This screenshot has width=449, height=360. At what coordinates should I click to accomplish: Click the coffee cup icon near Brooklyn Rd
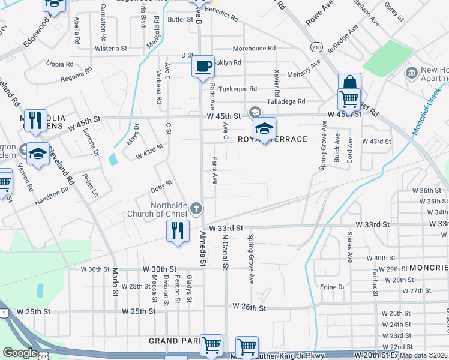[x=203, y=65]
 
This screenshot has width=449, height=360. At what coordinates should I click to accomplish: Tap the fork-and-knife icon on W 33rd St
[x=178, y=231]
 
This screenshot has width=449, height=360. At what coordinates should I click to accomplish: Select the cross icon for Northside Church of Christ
[x=195, y=209]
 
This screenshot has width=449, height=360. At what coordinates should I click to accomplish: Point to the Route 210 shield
[x=316, y=46]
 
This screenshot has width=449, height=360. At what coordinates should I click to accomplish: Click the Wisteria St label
[x=111, y=48]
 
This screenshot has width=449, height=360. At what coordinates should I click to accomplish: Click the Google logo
[x=20, y=353]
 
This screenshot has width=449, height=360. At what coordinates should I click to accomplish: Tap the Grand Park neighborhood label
[x=174, y=341]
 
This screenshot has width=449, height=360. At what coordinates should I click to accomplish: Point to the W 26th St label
[x=249, y=308]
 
